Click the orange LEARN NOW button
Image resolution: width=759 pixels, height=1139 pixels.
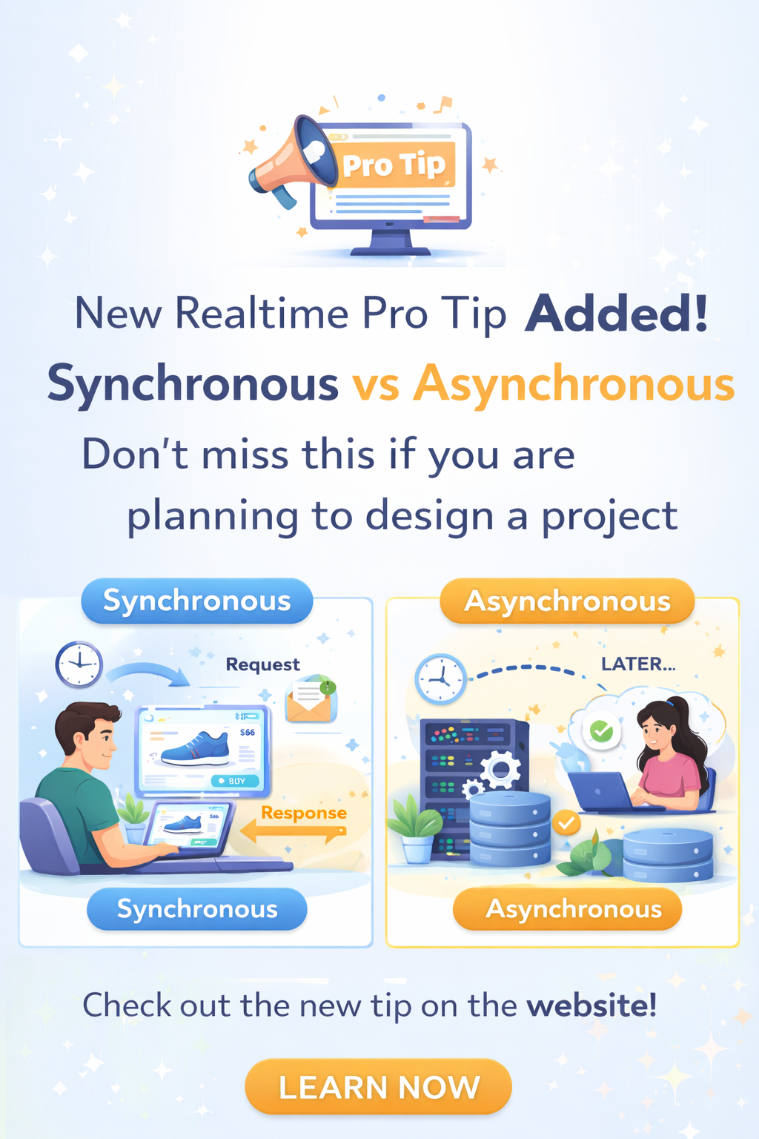pos(378,1087)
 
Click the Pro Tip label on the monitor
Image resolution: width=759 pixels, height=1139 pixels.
pos(394,165)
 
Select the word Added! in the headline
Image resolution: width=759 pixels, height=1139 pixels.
pos(617,314)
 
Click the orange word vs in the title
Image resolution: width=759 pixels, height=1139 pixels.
pos(376,385)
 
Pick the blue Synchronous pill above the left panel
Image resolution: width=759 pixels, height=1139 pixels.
pos(196,601)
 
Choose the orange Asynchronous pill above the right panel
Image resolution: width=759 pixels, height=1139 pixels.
pos(567,601)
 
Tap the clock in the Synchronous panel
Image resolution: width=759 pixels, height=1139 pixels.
pos(79,664)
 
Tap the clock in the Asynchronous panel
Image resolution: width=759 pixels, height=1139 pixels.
pos(440,679)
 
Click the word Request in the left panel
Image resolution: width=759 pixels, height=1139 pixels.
pos(262,664)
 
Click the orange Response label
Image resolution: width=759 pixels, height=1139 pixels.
pos(304,813)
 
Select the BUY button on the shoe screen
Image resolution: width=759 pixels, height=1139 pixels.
pos(235,781)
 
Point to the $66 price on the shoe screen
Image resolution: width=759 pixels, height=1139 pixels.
pos(248,733)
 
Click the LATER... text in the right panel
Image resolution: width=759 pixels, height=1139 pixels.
pos(637,664)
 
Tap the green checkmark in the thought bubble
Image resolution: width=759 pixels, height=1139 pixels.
pos(601,731)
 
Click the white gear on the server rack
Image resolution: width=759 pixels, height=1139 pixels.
pos(500,770)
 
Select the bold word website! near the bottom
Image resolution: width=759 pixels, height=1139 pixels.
pos(591,1006)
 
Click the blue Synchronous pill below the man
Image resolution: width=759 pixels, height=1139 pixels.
pos(196,909)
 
